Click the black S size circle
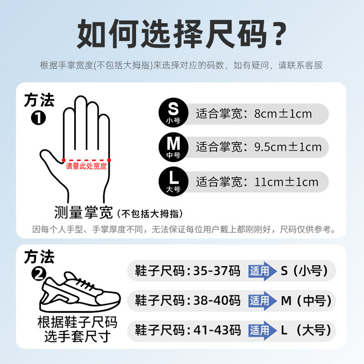coord(173,113)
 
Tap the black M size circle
coord(173,147)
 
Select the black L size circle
coord(173,181)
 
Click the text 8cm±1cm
coord(283,113)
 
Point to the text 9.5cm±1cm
coord(288,147)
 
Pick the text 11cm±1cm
coord(287,182)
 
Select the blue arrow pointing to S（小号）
coord(263,271)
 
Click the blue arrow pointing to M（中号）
coord(263,301)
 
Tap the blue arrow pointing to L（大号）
coord(263,330)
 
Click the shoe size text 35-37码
coord(216,271)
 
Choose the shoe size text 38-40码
coord(216,301)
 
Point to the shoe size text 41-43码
coord(216,330)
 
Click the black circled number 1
coord(38,118)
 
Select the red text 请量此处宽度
coord(86,167)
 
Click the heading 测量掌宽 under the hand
coord(84,212)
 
